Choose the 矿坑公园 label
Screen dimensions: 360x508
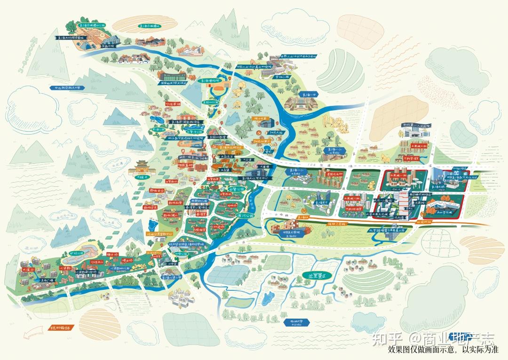(77, 253)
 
